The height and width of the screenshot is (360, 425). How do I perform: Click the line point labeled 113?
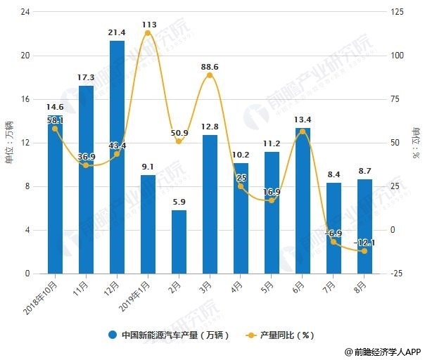coord(148,33)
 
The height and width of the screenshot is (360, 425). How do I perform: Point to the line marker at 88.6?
coord(210,75)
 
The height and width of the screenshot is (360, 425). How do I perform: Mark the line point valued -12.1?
coord(364,251)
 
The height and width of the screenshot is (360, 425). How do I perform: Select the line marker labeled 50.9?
coord(179,141)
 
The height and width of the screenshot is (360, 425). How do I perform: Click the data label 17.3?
coord(86,76)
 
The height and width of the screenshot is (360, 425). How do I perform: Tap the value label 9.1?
coord(148,167)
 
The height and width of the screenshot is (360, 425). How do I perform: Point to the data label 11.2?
coord(272,143)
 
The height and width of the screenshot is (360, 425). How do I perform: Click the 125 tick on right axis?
coord(398,12)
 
